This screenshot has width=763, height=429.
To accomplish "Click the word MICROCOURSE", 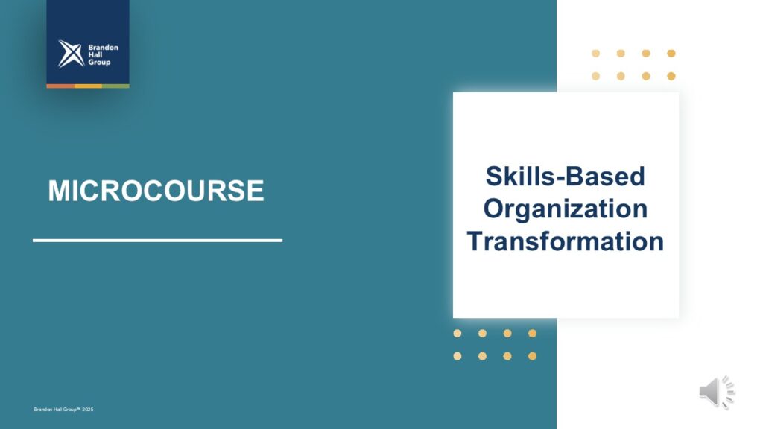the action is (x=156, y=190).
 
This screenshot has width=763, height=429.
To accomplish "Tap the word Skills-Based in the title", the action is (x=566, y=176).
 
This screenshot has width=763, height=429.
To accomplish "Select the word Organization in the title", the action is (x=566, y=209).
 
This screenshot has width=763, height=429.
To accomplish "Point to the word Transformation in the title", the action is (x=566, y=241).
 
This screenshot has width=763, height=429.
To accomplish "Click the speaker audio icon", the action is (x=717, y=392).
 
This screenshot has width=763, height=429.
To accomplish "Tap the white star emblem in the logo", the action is (x=71, y=54).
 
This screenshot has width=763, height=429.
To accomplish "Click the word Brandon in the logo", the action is (x=103, y=47).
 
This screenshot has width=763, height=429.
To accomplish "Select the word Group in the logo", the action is (x=99, y=63).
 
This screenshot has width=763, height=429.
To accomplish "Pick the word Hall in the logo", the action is (x=95, y=54).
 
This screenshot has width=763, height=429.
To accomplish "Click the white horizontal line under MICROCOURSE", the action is (x=158, y=241).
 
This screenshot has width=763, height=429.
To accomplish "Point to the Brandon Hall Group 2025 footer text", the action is (x=63, y=410).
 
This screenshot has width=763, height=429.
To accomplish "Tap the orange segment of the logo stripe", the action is (x=60, y=86).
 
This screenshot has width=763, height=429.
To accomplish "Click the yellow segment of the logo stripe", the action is (x=88, y=86).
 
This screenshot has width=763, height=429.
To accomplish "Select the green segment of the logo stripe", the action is (x=115, y=86).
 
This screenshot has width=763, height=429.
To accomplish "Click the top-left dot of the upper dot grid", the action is (x=595, y=54).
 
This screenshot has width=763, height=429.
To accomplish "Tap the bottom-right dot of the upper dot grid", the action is (x=671, y=77).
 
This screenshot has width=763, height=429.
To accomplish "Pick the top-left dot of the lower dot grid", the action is (x=458, y=333).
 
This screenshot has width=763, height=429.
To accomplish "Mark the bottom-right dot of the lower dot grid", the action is (x=532, y=356).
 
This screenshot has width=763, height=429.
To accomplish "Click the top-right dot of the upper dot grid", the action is (x=671, y=54).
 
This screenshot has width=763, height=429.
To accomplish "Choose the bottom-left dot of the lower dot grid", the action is (x=458, y=356).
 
